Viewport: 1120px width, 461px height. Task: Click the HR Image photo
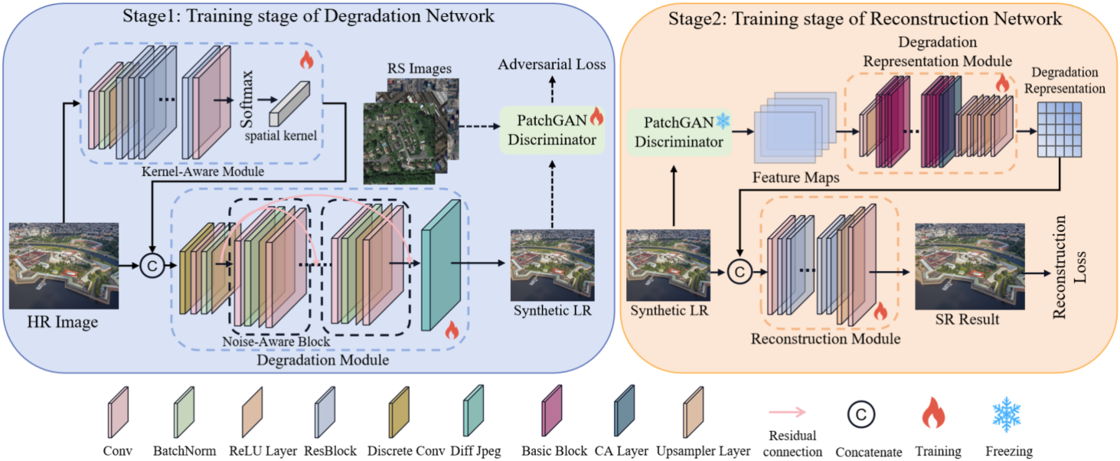(x=64, y=266)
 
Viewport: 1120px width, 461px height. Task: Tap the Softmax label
(x=247, y=99)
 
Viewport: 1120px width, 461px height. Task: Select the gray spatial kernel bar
(x=289, y=103)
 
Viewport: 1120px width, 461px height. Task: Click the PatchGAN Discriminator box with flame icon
(x=552, y=130)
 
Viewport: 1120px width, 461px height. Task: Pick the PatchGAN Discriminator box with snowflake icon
(x=679, y=132)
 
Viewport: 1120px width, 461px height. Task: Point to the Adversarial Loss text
(x=551, y=64)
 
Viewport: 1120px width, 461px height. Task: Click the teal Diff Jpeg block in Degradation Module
(x=440, y=266)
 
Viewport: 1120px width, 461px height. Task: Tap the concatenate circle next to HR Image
(x=152, y=266)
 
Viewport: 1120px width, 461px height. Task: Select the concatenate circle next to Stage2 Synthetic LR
(x=740, y=272)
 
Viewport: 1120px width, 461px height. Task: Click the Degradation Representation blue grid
(x=1060, y=130)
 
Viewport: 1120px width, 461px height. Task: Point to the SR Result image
(x=969, y=266)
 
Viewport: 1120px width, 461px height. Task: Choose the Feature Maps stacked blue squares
(x=795, y=127)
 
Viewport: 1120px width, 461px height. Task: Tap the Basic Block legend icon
(x=552, y=410)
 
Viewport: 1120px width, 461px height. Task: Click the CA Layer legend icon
(x=625, y=410)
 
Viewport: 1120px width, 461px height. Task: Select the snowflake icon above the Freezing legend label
(x=1006, y=414)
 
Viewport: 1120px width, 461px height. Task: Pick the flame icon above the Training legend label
(x=933, y=413)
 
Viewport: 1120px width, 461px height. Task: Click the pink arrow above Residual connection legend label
(x=788, y=412)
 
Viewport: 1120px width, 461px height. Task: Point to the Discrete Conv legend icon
(x=399, y=412)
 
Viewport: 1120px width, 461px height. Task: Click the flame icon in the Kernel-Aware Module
(x=306, y=60)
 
